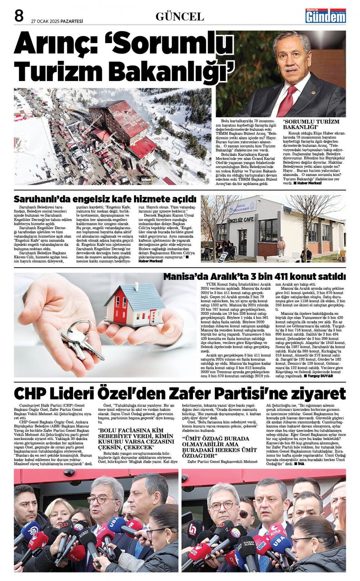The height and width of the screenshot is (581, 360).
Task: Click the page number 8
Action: (19, 16)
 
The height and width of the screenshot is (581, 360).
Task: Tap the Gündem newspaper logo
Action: (325, 16)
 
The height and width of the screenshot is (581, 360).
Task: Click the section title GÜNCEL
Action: (180, 17)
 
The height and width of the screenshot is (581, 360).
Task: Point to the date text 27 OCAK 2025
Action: (45, 21)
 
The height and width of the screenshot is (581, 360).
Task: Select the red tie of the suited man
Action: (287, 101)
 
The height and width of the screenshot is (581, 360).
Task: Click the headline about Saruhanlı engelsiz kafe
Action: (105, 199)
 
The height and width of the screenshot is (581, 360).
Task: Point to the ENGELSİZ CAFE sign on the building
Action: (241, 220)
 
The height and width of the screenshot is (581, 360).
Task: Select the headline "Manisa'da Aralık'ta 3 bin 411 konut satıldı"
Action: (254, 276)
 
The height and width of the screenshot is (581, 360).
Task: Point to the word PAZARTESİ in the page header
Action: (72, 21)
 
